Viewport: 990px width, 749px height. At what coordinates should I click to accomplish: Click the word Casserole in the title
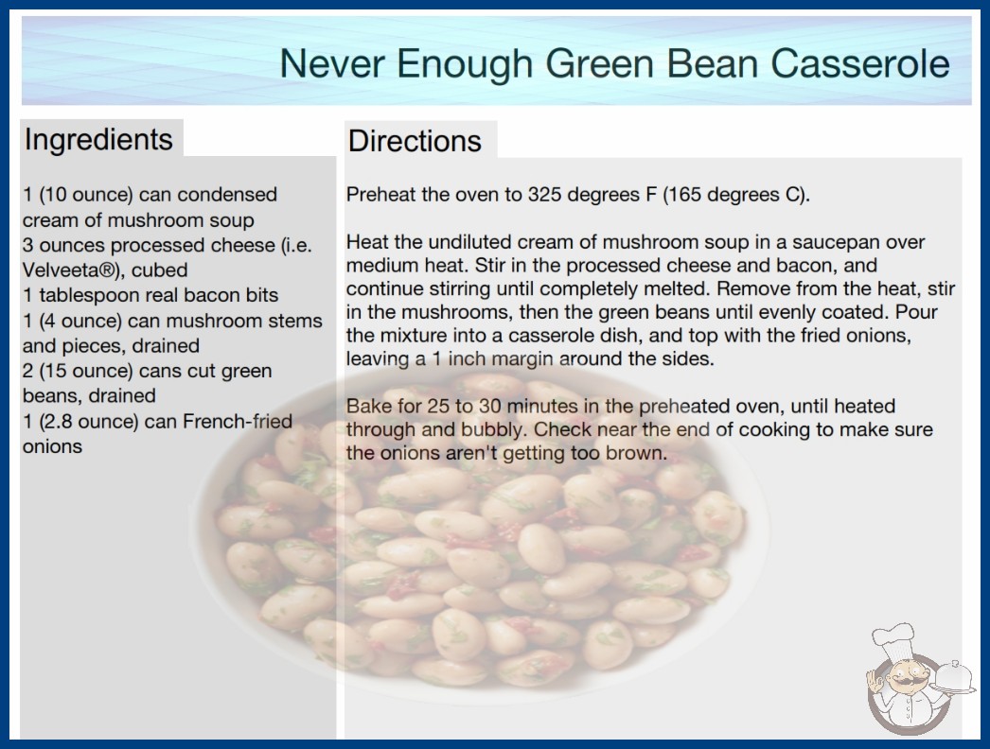point(859,63)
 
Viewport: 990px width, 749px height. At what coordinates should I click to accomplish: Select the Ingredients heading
point(98,139)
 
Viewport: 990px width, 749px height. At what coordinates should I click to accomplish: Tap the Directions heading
point(415,141)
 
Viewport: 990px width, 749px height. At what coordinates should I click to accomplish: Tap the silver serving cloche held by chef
point(955,677)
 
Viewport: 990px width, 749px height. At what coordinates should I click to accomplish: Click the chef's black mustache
point(902,681)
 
